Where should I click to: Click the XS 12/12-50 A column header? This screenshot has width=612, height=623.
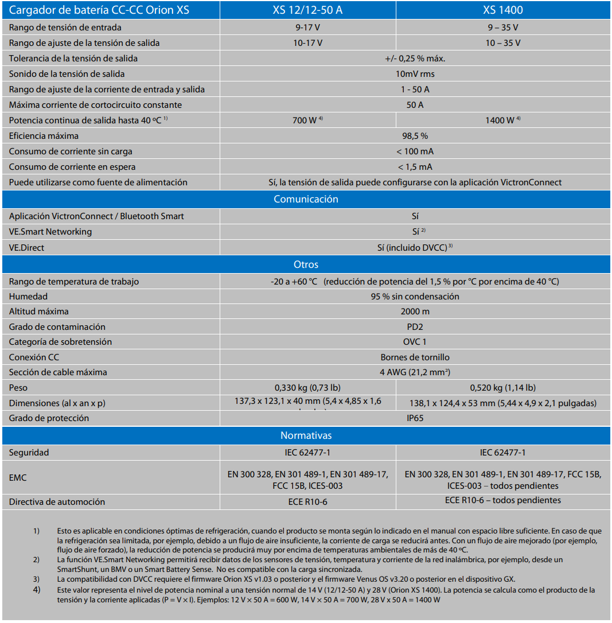coord(307,10)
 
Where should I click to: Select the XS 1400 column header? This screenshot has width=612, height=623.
coord(502,10)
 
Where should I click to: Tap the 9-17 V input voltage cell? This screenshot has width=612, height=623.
coord(307,28)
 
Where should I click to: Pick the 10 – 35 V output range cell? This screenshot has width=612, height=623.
coord(502,43)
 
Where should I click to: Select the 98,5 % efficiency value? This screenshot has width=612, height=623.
coord(415,136)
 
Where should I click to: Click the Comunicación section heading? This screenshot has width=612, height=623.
coord(306,199)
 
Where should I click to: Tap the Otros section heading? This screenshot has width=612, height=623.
coord(306,264)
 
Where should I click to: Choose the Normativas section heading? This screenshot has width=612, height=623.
coord(306,435)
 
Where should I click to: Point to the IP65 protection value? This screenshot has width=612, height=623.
coord(415,418)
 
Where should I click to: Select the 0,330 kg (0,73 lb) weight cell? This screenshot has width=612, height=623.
coord(307,388)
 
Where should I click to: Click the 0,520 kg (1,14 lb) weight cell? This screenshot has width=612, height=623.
coord(502,388)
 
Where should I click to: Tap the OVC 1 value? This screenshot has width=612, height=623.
coord(415,342)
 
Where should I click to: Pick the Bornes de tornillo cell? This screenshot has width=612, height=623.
coord(415,357)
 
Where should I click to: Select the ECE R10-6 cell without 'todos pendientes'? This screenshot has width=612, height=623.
coord(307,501)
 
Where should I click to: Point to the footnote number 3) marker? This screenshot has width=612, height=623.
coord(36,579)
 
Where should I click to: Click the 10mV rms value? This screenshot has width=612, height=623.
coord(415,74)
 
